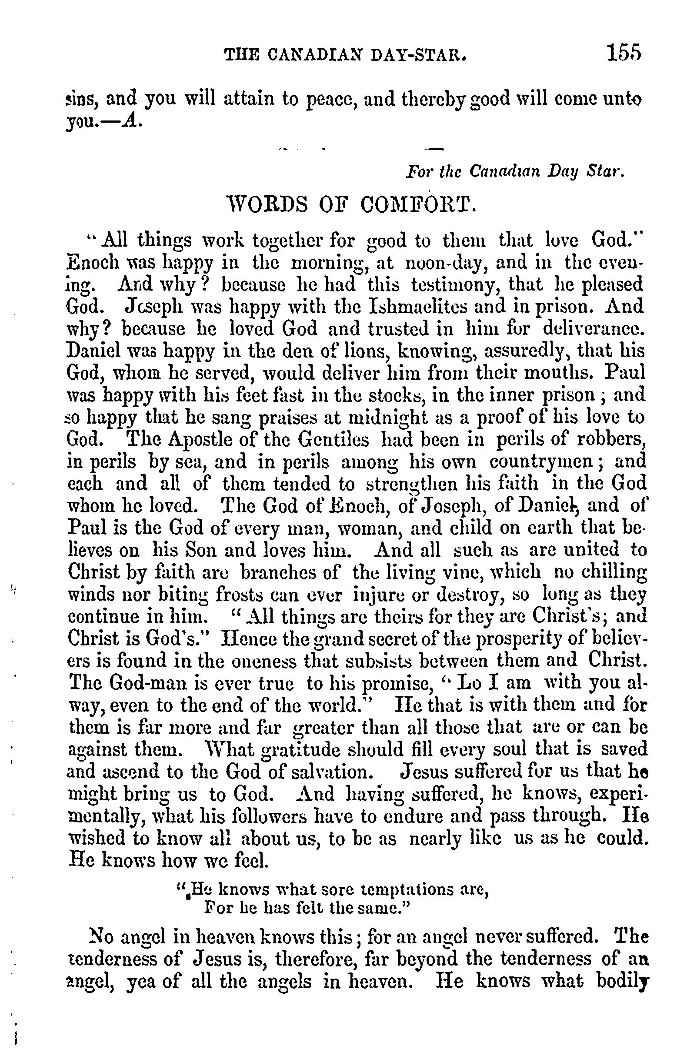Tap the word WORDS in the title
(x=263, y=204)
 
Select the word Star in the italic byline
(x=606, y=171)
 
